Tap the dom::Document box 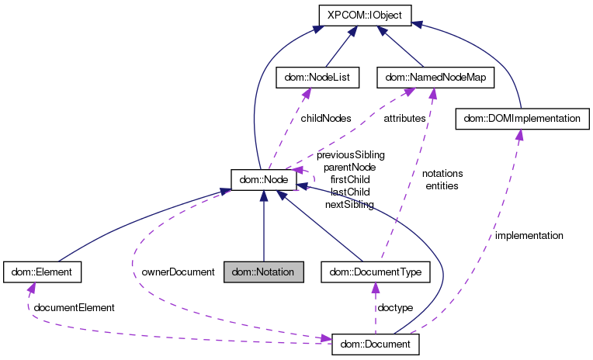[376, 343]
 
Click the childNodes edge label [326, 119]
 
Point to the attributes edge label [404, 119]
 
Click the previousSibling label [350, 155]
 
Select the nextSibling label [350, 204]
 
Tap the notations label [442, 173]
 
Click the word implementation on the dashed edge [529, 234]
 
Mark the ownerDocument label [178, 272]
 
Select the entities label [442, 185]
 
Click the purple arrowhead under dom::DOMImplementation [518, 134]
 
